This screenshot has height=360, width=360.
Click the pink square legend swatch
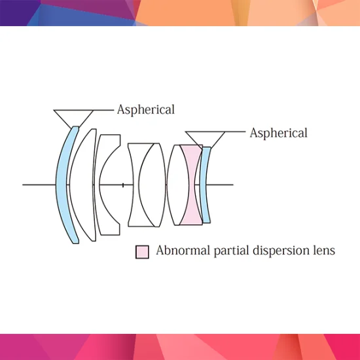point(142,252)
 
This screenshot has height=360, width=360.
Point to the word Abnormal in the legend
point(183,250)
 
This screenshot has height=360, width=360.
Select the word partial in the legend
point(232,251)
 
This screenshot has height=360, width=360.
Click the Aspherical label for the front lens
point(146,110)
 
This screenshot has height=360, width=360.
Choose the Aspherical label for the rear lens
point(278,133)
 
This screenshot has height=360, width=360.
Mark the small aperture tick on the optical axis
point(123,185)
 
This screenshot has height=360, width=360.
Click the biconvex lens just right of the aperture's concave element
point(153,185)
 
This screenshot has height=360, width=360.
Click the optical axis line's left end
point(22,185)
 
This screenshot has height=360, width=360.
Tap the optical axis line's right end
point(233,185)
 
